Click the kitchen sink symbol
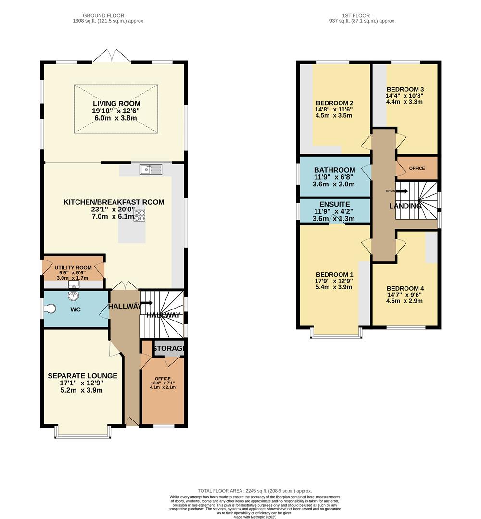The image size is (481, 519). (x=151, y=169)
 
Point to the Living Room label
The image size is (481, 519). (x=116, y=104)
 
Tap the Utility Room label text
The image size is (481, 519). (x=73, y=267)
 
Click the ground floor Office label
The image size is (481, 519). (x=163, y=379)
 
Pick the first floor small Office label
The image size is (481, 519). (x=417, y=168)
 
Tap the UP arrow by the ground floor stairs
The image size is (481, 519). (x=146, y=303)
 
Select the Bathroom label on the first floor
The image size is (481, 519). (x=334, y=170)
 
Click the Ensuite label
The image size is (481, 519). (x=334, y=204)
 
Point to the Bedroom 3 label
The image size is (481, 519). (x=405, y=89)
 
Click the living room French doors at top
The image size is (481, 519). (x=112, y=57)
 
